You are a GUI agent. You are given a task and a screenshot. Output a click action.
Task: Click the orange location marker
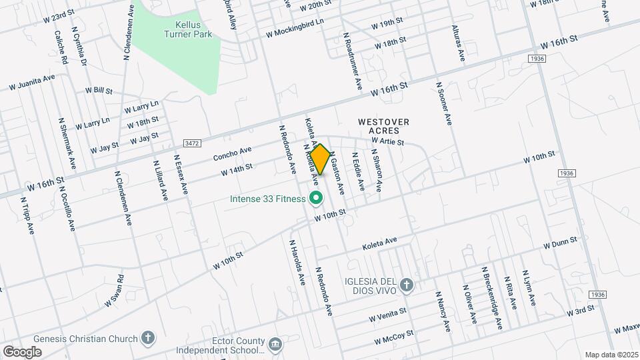click(320, 159)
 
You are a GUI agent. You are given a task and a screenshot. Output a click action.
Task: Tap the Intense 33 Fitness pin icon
click(316, 198)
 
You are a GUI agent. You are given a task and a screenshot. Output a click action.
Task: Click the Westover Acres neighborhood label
click(383, 126)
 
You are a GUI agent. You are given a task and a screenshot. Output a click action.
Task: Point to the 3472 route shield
click(193, 143)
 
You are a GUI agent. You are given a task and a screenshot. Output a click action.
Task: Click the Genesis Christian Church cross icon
click(148, 338)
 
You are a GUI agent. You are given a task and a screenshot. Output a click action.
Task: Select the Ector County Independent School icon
click(275, 345)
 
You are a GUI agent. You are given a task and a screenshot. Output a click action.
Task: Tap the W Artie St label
click(388, 141)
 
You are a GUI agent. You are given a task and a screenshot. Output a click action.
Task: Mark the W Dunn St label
click(559, 242)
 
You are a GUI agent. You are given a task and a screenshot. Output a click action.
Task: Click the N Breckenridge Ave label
click(492, 297)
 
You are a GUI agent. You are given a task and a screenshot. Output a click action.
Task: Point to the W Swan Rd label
click(114, 291)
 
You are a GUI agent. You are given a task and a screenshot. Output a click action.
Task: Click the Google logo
click(22, 351)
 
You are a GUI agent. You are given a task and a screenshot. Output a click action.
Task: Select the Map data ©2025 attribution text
click(611, 355)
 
